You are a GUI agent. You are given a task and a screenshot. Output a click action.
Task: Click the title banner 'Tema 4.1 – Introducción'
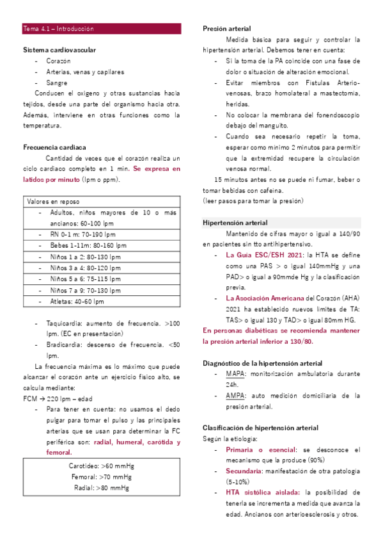coord(58,29)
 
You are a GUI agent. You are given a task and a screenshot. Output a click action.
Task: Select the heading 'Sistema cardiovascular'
coord(59,49)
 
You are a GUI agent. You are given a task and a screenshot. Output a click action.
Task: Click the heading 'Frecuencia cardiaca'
coord(54,147)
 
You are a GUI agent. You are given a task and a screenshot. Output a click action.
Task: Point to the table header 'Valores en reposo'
coord(53,201)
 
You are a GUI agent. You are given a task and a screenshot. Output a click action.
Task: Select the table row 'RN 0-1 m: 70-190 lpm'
coord(85,234)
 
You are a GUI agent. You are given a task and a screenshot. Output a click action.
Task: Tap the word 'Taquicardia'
coord(65,323)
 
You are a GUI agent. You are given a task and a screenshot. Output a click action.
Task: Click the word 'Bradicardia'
coord(65,345)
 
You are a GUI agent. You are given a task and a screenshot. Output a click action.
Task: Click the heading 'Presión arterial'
coord(226,29)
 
